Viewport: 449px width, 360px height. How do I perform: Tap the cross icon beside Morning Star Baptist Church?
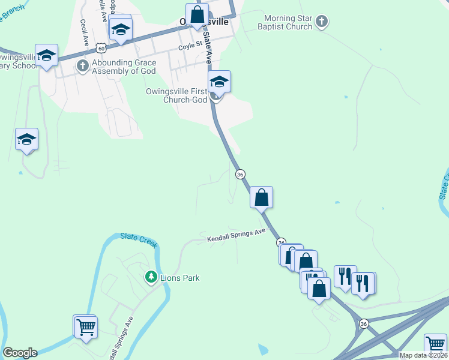click(x=322, y=23)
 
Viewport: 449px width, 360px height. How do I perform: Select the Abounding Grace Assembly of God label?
click(x=123, y=67)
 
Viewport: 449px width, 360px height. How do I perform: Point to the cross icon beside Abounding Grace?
click(x=82, y=67)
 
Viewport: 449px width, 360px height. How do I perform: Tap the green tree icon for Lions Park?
click(x=151, y=277)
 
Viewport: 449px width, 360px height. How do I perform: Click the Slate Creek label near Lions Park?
click(x=139, y=239)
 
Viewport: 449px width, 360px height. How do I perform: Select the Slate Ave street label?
click(x=208, y=48)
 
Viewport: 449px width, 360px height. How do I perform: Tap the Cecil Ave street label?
click(x=84, y=29)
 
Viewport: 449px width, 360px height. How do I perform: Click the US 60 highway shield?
click(x=102, y=47)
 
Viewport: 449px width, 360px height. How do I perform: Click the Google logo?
click(x=20, y=353)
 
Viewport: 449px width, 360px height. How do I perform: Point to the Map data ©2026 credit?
click(x=423, y=355)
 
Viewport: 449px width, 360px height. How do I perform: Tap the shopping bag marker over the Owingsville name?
click(x=197, y=15)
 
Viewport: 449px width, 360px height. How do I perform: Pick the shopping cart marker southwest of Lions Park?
click(x=85, y=327)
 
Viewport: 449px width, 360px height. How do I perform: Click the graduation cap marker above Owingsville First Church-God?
click(x=219, y=82)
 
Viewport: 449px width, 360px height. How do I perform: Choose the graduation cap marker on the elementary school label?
click(x=46, y=56)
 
